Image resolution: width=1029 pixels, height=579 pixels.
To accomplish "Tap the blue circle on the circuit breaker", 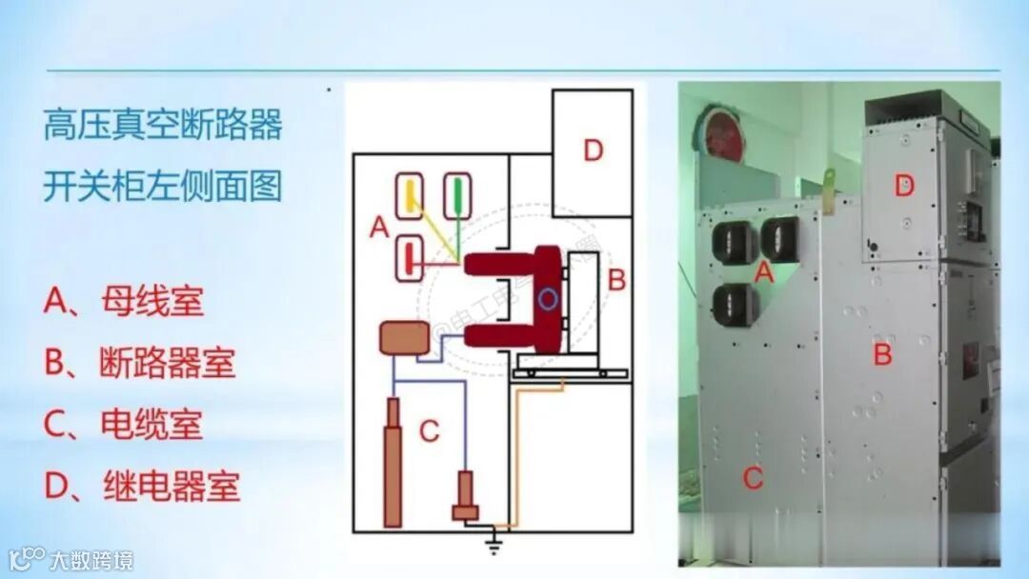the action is click(x=545, y=299).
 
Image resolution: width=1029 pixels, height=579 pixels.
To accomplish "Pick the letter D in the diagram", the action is click(x=594, y=150).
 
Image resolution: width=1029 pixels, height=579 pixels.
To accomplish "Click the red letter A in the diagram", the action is click(x=378, y=227).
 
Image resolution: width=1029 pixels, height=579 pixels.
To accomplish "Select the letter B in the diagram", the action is click(x=617, y=280).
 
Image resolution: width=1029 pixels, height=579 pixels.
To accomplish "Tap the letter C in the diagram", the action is click(x=430, y=431).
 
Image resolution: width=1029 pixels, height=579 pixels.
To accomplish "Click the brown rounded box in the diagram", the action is click(x=404, y=338).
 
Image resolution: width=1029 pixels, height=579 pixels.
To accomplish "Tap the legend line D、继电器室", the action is click(x=141, y=487).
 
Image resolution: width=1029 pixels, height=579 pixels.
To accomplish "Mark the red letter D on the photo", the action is click(x=904, y=187).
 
